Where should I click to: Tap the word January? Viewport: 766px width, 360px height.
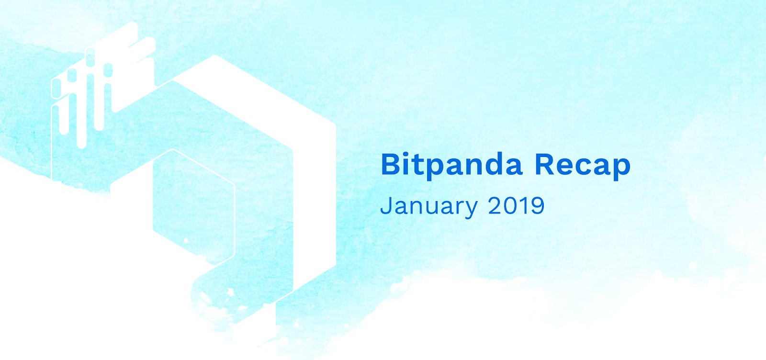tap(429, 206)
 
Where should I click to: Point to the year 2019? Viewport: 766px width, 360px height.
tap(516, 205)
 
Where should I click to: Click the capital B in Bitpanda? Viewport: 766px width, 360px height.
tap(391, 165)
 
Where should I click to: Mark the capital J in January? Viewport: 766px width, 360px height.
tap(386, 205)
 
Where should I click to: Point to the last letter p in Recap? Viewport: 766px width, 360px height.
tap(621, 169)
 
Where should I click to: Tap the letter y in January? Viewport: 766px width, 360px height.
tap(471, 209)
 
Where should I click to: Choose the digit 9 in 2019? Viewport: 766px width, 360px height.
tap(537, 205)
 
